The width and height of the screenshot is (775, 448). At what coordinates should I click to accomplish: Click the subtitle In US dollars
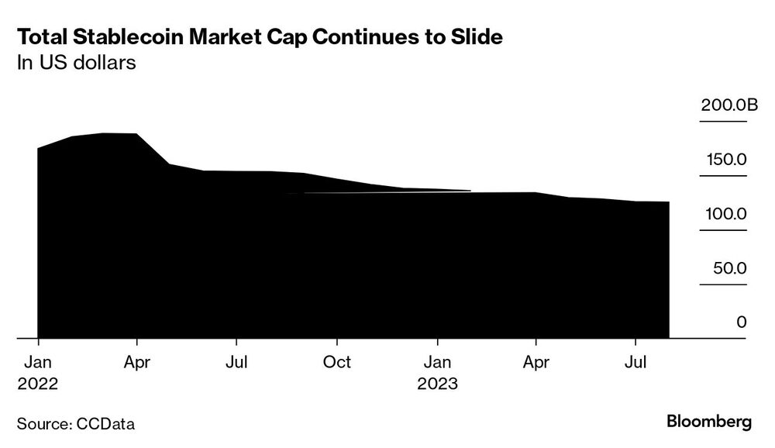pos(77,63)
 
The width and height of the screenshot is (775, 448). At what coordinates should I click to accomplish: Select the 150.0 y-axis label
pos(725,160)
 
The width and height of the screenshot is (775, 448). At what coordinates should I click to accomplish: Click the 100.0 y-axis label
pos(725,213)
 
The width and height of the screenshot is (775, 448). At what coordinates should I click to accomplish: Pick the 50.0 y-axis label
pos(729,268)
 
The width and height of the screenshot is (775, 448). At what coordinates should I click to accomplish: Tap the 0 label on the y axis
pos(741,322)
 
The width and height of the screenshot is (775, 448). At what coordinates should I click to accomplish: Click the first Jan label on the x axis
pos(38,362)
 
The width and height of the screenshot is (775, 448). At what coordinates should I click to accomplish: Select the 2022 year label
pos(38,384)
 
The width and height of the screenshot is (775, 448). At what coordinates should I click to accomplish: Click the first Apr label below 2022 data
pos(137,362)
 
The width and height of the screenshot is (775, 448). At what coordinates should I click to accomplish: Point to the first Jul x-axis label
pos(236,362)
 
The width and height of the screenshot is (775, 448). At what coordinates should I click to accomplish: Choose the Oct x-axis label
pos(336,362)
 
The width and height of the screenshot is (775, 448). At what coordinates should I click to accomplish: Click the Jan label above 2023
pos(438,362)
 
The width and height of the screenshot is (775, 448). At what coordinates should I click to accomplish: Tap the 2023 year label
pos(438,384)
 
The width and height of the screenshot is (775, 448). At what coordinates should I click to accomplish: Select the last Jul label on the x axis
pos(635,362)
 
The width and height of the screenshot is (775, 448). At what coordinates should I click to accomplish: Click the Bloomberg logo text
pos(709,422)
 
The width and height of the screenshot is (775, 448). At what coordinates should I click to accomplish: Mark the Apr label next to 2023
pos(536,362)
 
